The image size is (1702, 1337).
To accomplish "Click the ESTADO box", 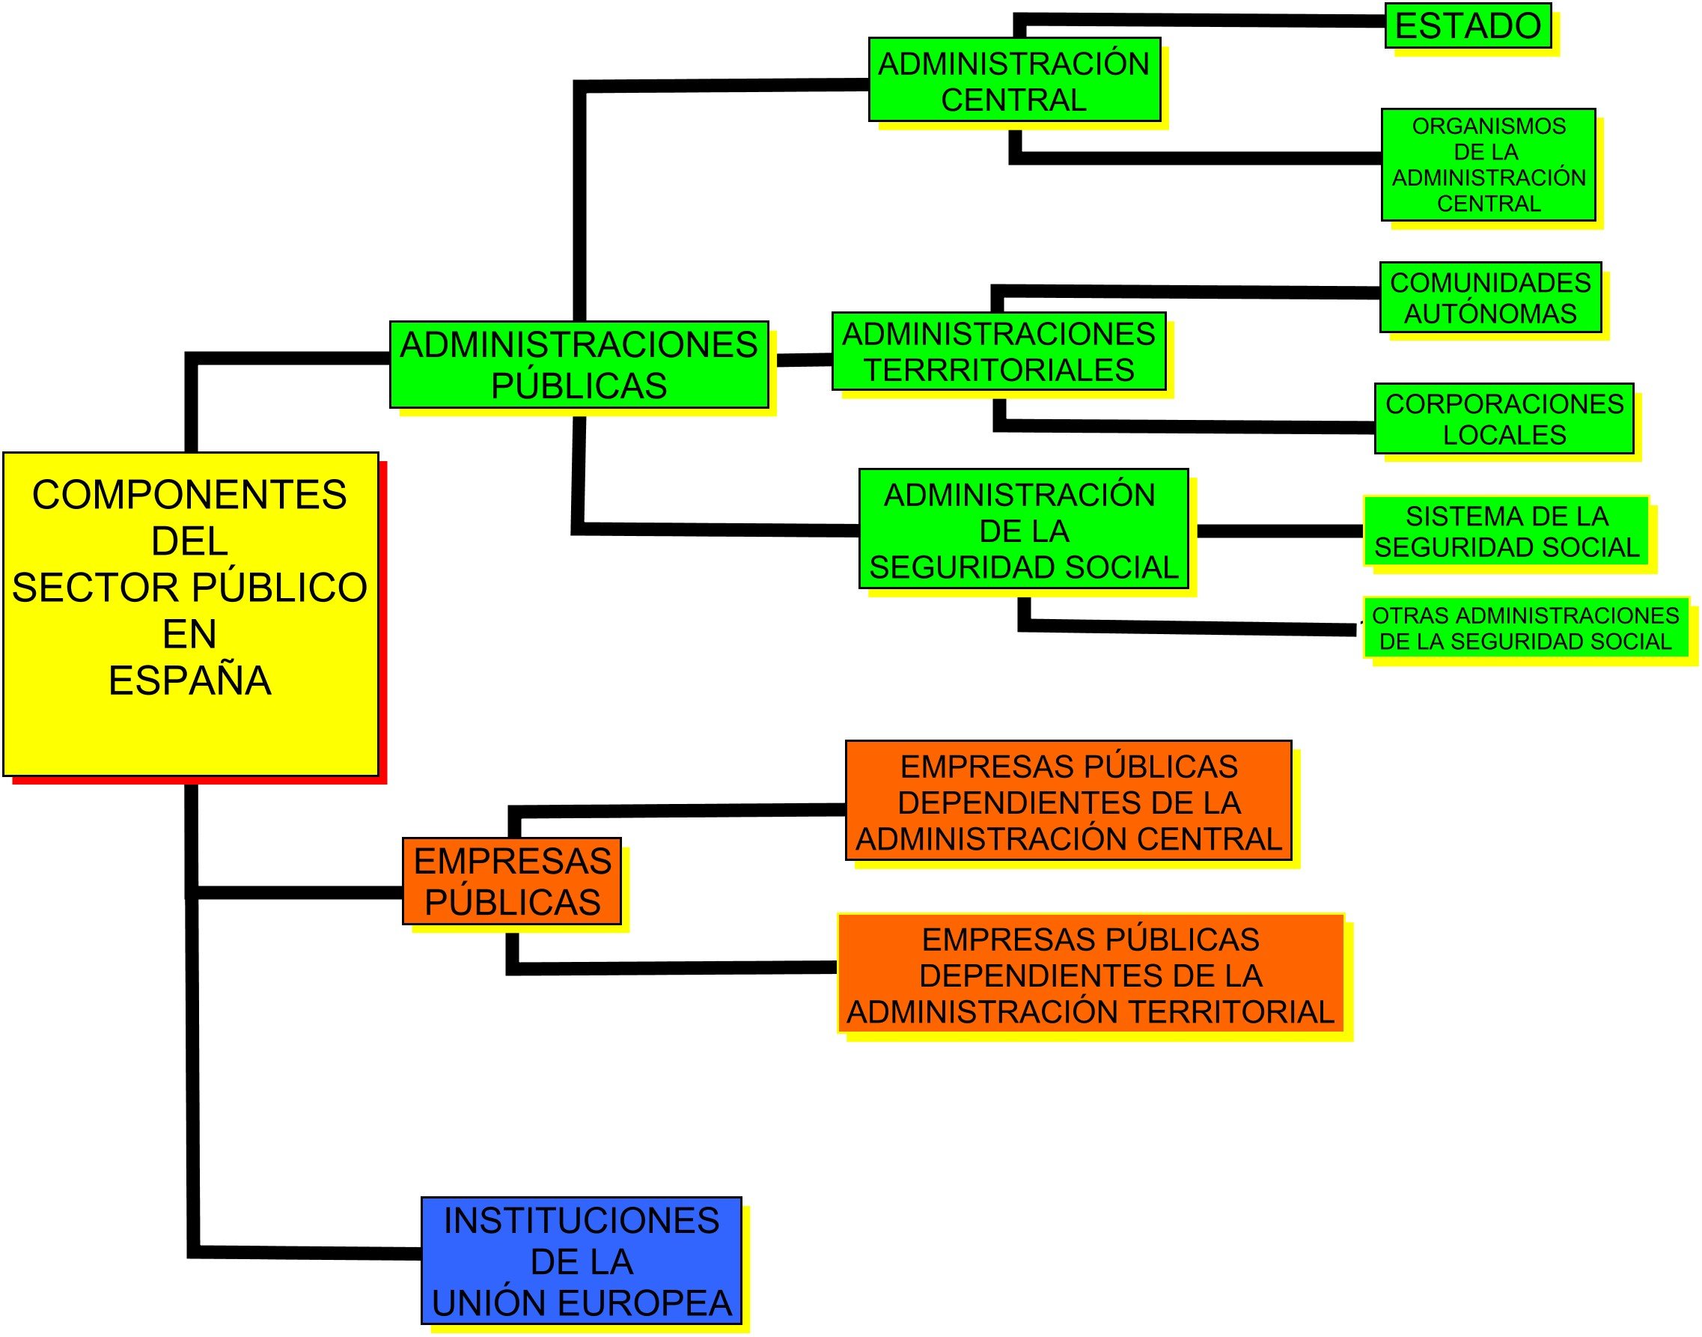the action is coord(1468,26).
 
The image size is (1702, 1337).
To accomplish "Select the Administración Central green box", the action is coord(1014,80).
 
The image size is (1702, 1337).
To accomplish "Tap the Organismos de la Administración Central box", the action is coord(1489,165).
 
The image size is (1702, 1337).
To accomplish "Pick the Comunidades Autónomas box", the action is coord(1491,297).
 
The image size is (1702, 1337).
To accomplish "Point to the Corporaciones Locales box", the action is coord(1504,418).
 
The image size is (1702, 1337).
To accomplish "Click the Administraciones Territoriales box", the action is coord(999,352).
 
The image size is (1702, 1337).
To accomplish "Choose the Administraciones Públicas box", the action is coord(579,365).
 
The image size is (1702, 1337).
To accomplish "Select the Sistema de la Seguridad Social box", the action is coord(1507,531).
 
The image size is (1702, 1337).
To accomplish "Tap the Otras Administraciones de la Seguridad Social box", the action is coord(1525,629).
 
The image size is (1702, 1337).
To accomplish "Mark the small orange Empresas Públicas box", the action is coord(512,881).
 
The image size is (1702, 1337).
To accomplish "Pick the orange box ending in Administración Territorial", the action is coord(1091,975).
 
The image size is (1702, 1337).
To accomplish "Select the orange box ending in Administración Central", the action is coord(1069,801).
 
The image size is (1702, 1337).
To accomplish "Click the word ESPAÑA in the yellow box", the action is coord(190,680).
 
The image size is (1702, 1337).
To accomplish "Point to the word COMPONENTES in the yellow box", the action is coord(190,495).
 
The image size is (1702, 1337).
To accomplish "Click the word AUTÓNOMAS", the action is coord(1491,314).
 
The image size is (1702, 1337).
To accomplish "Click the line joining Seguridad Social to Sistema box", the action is coord(1280,532).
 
